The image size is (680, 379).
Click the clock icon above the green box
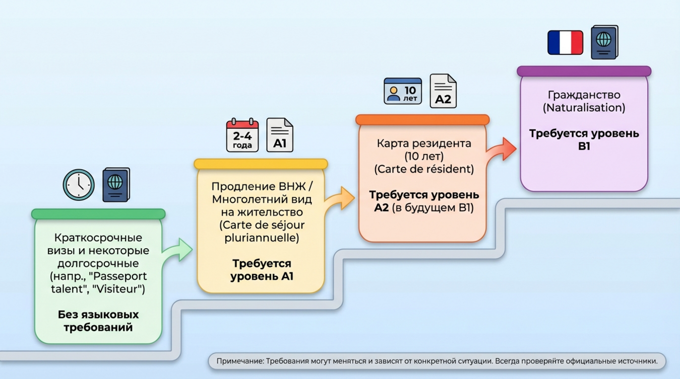(79, 185)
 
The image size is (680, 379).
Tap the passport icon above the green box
(116, 185)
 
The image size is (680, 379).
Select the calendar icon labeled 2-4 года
(242, 135)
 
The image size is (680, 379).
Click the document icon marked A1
(280, 135)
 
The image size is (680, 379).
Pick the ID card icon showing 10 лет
(402, 91)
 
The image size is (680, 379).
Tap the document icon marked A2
(443, 91)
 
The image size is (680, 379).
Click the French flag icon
(565, 43)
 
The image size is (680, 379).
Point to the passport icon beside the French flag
(604, 43)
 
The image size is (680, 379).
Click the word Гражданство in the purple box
(584, 95)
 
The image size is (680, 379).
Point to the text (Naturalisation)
(584, 108)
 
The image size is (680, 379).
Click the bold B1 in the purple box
(584, 146)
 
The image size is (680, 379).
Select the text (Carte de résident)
(423, 169)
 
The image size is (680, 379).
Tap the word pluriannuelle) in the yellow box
(262, 238)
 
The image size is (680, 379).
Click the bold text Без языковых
(98, 315)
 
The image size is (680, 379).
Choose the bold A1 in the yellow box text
(284, 276)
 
